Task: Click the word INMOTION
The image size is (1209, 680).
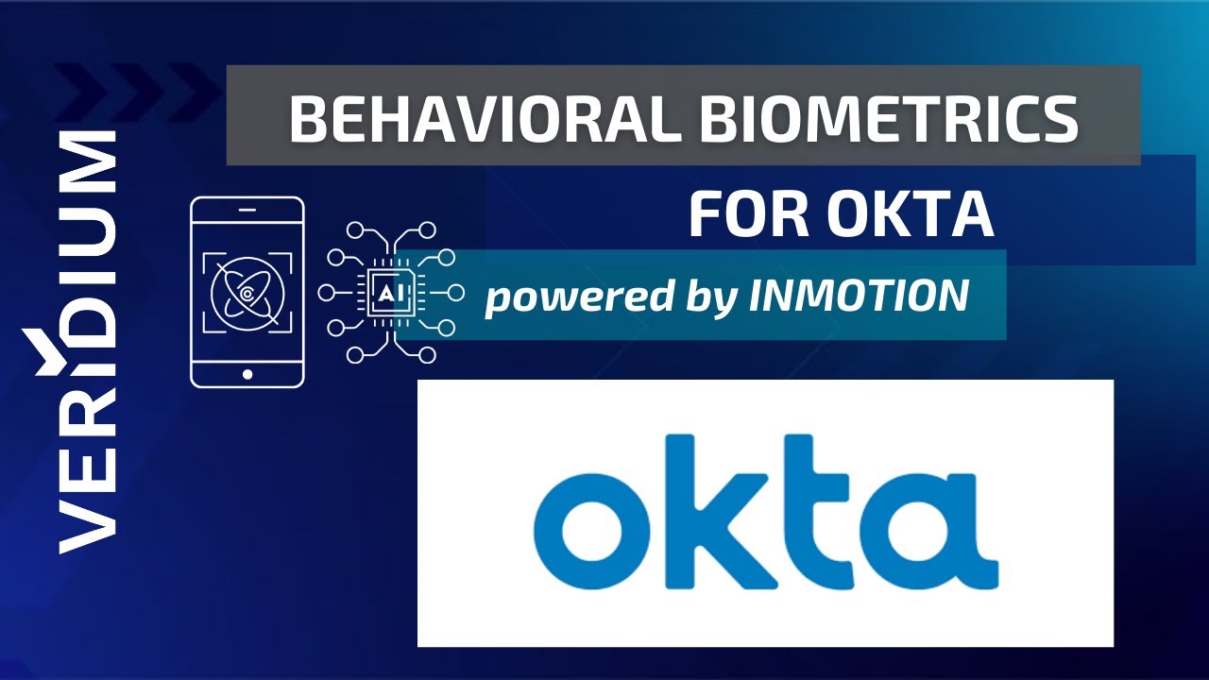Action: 859,296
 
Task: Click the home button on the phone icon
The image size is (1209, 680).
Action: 247,374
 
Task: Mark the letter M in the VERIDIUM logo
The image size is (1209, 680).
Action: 88,164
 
